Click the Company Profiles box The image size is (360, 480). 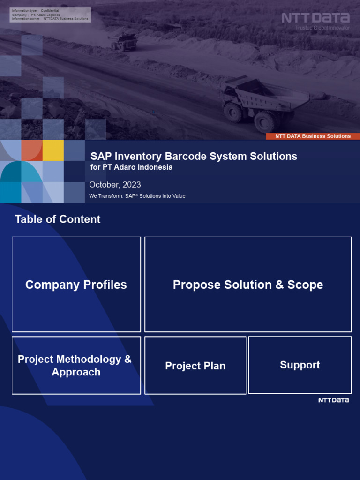[x=76, y=285]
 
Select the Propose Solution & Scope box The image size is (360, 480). [x=248, y=285]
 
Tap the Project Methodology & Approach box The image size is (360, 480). [x=76, y=365]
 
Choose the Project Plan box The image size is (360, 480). [x=195, y=366]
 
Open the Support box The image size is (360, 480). [x=300, y=365]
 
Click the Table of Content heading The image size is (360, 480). [x=58, y=219]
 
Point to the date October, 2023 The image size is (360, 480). [x=115, y=185]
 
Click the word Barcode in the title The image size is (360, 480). [x=184, y=156]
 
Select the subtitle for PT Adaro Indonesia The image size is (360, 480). [x=131, y=167]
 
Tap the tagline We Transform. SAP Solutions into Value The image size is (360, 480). [x=137, y=196]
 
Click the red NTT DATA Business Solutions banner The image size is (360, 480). [x=313, y=136]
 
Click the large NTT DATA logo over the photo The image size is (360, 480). [x=315, y=18]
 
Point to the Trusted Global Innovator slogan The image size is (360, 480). [x=322, y=28]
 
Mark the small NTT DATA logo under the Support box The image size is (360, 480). [x=333, y=400]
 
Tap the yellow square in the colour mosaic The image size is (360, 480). [x=53, y=150]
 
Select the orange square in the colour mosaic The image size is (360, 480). [x=32, y=150]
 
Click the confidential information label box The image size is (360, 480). [x=50, y=15]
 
